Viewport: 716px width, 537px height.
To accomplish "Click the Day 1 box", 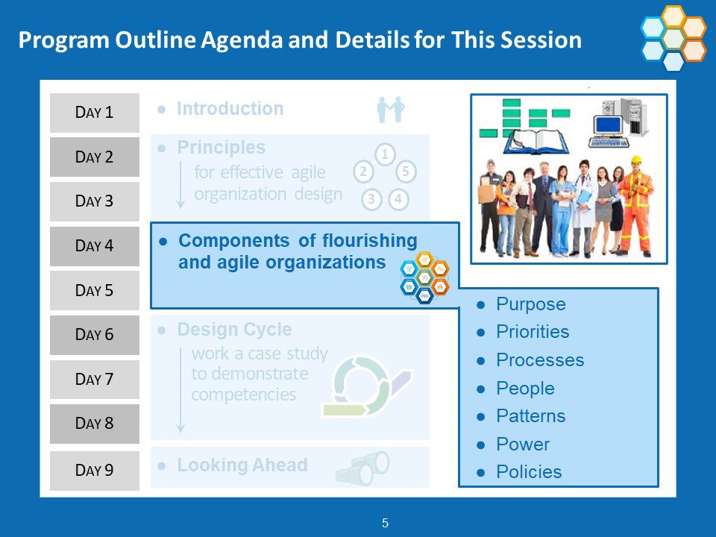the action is pos(95,113).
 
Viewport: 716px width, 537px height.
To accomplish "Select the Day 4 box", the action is pos(95,246).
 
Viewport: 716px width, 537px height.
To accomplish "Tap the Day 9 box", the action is pos(95,471).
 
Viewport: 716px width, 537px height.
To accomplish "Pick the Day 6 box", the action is pos(95,335).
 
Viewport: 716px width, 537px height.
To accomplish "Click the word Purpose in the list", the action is pos(531,304).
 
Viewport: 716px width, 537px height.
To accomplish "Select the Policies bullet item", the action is pos(529,472).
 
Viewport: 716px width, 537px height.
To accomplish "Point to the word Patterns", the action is pos(530,416).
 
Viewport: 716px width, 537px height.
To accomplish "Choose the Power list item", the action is pos(523,445).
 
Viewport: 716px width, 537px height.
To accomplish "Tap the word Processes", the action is pos(540,360).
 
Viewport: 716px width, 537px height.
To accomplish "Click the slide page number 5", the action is pos(385,524).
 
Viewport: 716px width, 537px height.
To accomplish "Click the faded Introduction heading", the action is pos(230,109).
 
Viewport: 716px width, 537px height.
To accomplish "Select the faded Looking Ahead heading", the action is pos(242,465).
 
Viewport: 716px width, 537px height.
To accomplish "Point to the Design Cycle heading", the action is pos(234,330).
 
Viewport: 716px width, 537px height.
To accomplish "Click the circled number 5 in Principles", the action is pos(406,172).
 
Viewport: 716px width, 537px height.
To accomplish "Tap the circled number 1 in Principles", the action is pos(385,154).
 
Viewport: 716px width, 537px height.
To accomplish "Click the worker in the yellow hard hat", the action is pos(636,206).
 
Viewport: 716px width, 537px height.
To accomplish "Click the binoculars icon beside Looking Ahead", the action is pos(362,468).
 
